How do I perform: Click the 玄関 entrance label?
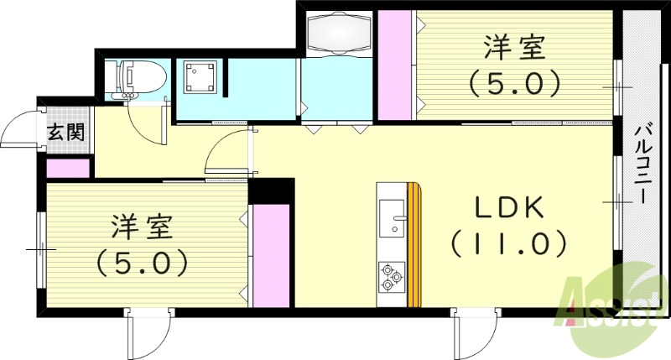[63, 132]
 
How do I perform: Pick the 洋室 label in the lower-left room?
[140, 227]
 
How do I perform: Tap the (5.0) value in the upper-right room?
[513, 83]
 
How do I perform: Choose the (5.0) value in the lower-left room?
[140, 263]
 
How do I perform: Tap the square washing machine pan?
[201, 78]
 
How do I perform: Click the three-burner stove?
[392, 276]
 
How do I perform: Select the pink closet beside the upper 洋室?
[393, 65]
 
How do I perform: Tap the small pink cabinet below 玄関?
[67, 168]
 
